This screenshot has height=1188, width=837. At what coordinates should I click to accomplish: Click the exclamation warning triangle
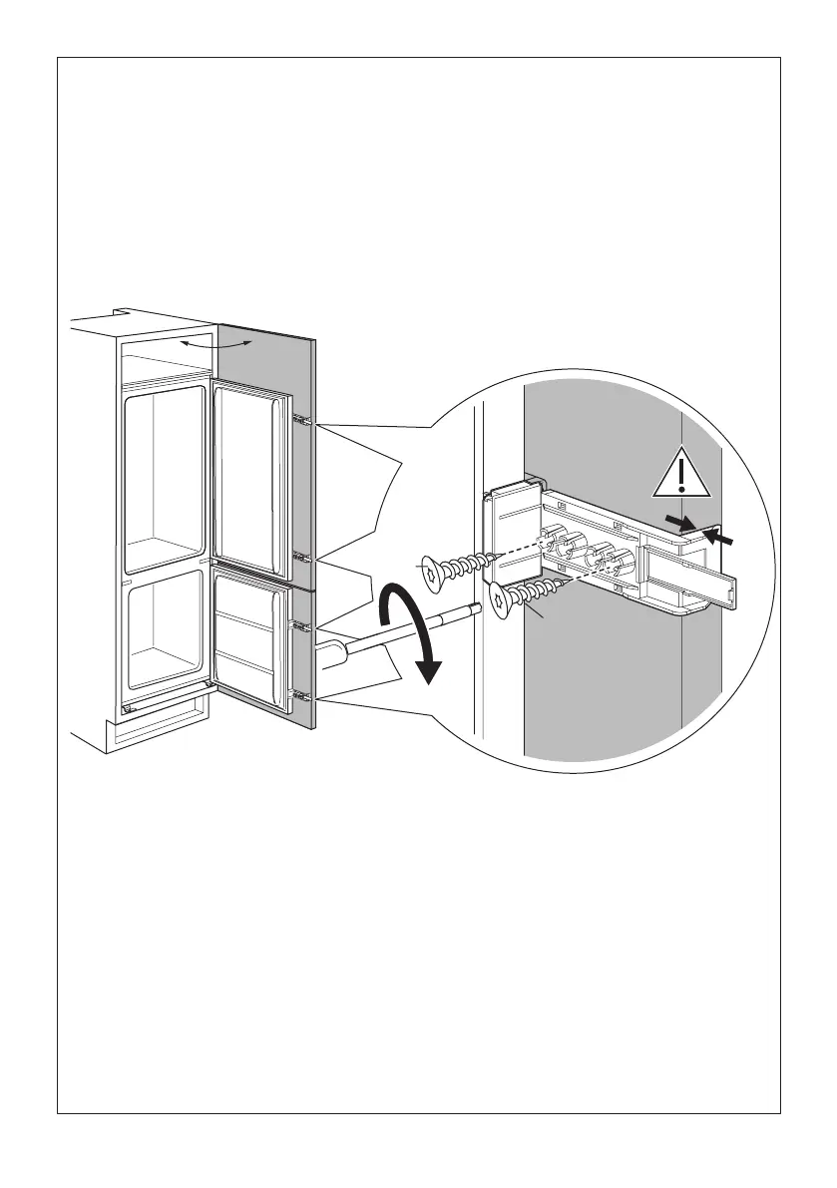680,474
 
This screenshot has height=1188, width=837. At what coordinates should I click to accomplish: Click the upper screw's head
430,572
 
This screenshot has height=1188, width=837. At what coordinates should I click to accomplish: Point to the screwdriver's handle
335,654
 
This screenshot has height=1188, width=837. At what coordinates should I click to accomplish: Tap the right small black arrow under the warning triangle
726,537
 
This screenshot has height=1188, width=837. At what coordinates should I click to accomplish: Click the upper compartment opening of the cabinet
162,469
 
